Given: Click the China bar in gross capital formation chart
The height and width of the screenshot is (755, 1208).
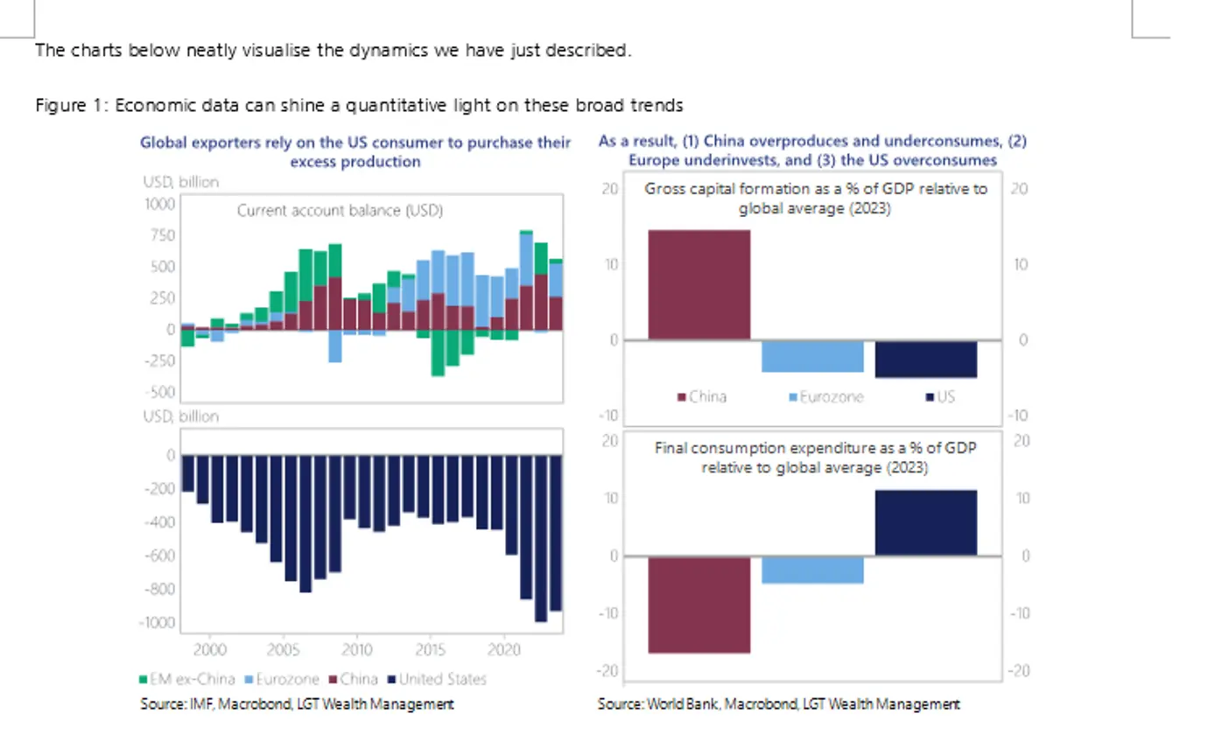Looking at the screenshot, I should pos(699,284).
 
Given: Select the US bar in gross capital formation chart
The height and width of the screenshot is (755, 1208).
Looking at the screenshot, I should pos(925,359).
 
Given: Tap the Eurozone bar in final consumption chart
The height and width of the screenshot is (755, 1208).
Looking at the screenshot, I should pos(812,570).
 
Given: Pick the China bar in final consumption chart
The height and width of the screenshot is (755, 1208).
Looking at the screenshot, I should pos(699,605).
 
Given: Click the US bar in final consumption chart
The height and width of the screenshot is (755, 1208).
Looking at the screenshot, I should pos(925,522).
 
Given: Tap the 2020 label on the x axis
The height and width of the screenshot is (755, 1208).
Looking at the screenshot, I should pos(503,650).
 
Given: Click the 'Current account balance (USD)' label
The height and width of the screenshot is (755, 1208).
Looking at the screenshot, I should pos(340,211).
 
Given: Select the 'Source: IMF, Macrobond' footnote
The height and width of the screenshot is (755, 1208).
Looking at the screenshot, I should pos(297,703).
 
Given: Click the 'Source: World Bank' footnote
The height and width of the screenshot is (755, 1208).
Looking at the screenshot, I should pos(778,703).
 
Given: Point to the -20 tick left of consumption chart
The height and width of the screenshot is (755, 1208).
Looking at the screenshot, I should pos(608,670).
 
